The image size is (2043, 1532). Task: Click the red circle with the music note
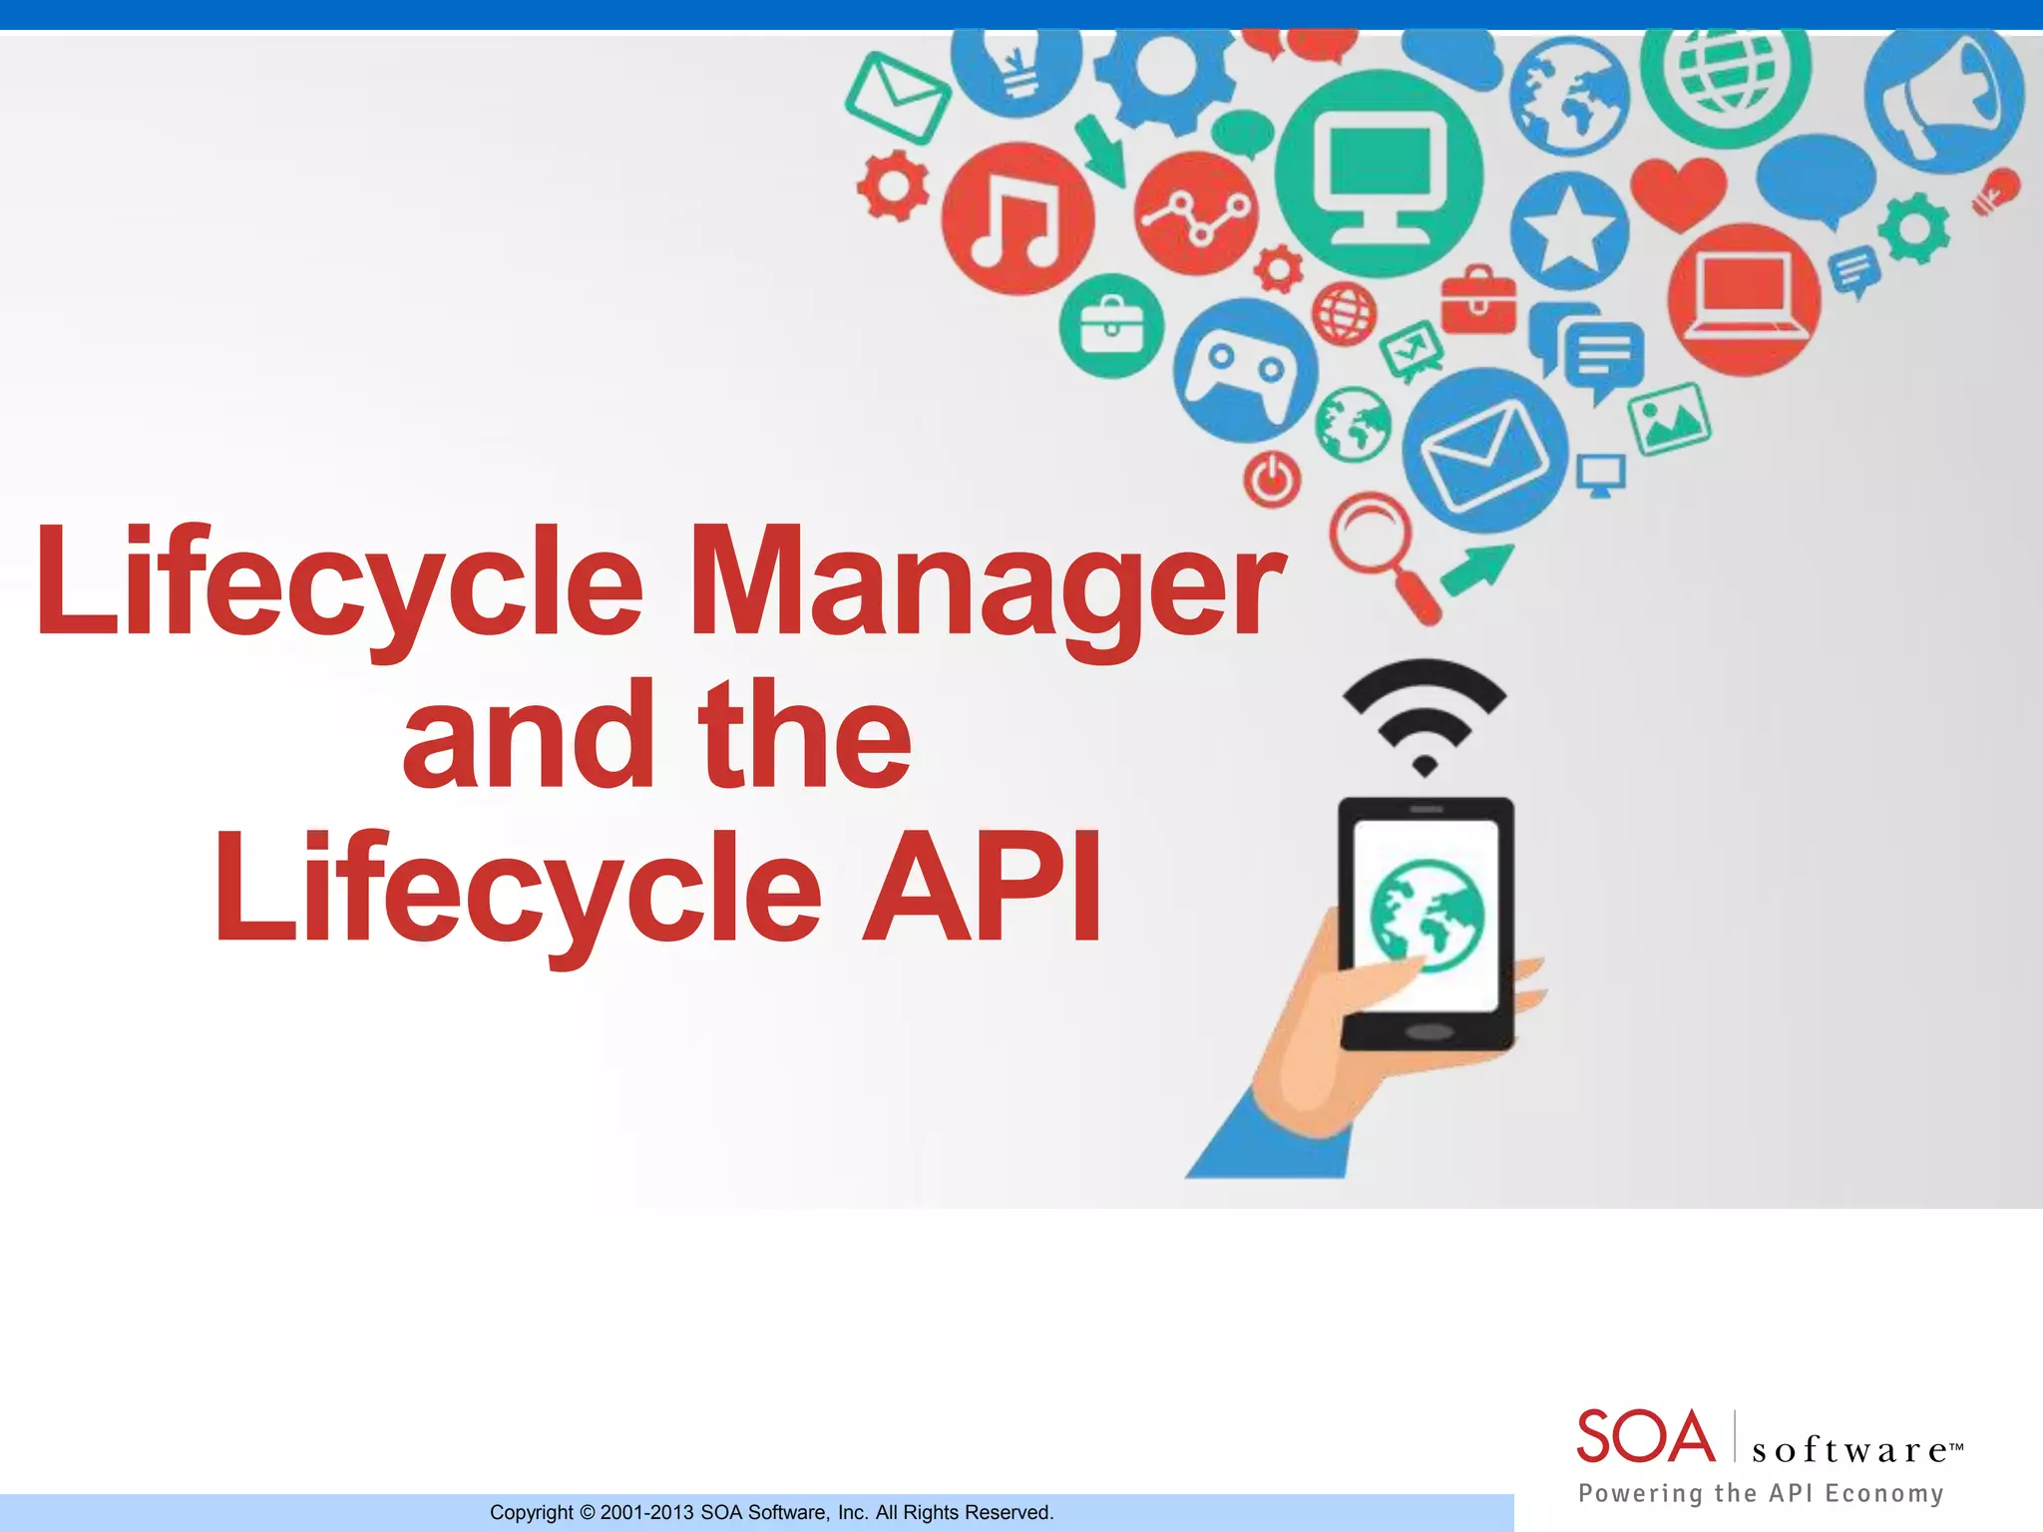[1018, 217]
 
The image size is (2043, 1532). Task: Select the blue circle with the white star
[1568, 231]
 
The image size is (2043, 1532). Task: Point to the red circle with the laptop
[1744, 298]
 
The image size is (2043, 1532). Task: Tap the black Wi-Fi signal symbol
[1425, 714]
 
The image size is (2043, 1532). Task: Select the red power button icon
[1272, 480]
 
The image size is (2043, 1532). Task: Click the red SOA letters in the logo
[1644, 1437]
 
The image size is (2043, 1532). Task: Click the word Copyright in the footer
[532, 1512]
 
